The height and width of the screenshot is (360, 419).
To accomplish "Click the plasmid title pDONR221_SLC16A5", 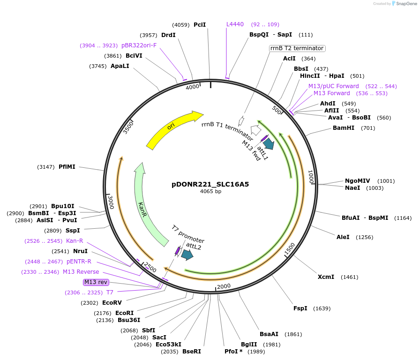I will coord(210,184).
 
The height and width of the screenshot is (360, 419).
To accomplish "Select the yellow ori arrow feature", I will coord(173,129).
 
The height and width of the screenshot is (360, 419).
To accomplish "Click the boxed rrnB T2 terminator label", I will coord(297,48).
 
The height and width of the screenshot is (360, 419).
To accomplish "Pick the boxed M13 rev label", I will coord(96,282).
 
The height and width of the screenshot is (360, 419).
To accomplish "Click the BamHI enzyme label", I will coord(344,128).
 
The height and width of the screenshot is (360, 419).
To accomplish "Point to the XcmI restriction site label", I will coord(326,277).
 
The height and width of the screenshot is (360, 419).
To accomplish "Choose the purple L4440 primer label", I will coord(235,24).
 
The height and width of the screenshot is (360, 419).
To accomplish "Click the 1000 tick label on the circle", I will coord(310,177).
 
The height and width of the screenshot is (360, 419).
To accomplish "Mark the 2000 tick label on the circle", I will coord(224,286).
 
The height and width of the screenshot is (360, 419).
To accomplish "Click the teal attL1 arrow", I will coord(269,145).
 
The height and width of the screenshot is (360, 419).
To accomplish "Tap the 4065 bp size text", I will coord(210,191).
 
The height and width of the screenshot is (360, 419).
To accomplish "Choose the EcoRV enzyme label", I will coord(112,303).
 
